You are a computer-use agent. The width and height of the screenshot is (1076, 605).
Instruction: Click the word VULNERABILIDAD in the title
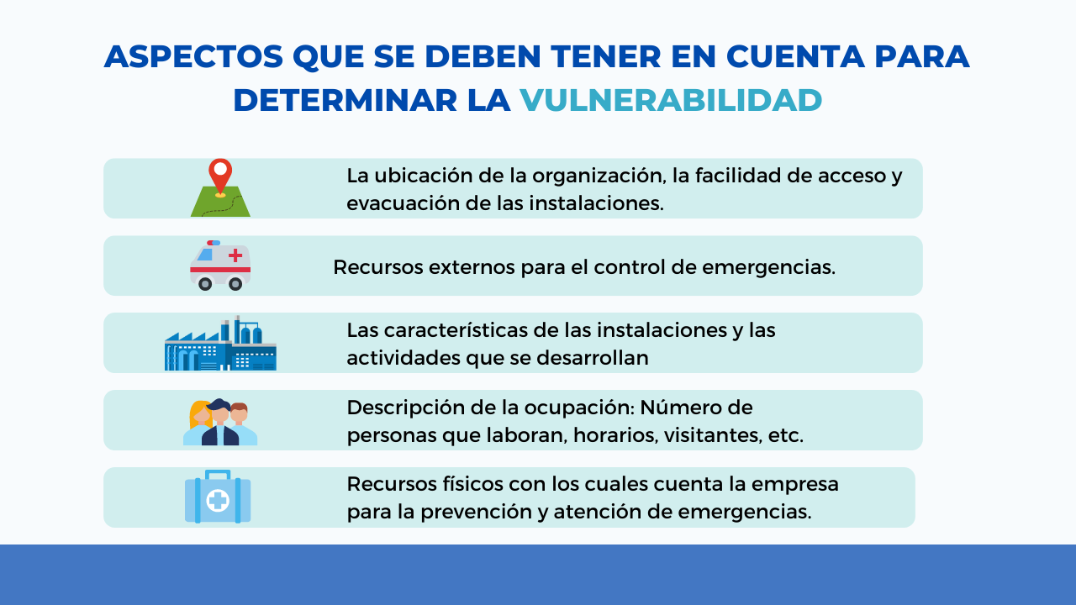point(671,100)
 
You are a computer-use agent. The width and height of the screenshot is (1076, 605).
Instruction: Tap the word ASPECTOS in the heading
point(193,56)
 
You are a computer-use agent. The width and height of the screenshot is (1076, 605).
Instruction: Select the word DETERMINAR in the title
point(345,100)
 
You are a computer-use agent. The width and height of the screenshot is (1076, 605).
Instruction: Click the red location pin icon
point(220,177)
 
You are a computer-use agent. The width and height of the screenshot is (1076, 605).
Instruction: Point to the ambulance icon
point(220,266)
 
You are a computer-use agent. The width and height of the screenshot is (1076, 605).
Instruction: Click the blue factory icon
point(220,343)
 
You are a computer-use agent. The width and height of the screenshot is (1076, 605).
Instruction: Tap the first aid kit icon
point(218,497)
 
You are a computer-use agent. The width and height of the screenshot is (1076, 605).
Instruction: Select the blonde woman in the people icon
point(199,423)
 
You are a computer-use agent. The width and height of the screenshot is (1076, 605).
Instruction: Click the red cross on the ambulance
point(235,255)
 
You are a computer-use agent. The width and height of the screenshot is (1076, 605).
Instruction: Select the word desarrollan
point(593,358)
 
